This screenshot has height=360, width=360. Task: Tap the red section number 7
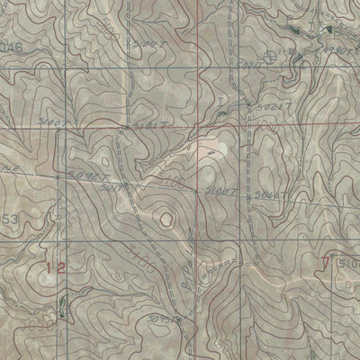pos(325,263)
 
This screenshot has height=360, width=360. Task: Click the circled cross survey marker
pos(272,57)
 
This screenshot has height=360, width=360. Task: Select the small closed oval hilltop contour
pos(166,216)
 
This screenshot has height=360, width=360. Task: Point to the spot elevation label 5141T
pos(155,130)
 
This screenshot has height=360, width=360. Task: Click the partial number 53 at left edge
pos(9,220)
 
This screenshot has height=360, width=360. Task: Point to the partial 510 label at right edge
pos(350,262)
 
